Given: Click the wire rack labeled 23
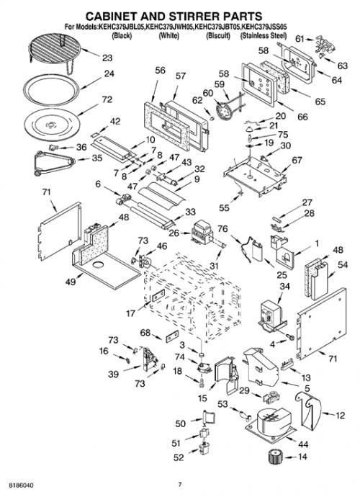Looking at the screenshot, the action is [54, 51].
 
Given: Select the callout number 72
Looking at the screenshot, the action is [107, 99].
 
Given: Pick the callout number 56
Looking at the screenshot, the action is [161, 70].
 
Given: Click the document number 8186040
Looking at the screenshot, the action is [21, 485].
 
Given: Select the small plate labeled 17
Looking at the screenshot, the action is [158, 296].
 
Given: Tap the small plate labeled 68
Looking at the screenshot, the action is [172, 336].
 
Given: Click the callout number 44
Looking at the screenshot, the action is [303, 444].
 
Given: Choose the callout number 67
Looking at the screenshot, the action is [297, 161].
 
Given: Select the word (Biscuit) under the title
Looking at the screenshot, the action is [218, 35].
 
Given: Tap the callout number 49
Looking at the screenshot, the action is [71, 281].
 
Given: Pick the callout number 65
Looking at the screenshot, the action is [320, 102].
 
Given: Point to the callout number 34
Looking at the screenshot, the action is [284, 286].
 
